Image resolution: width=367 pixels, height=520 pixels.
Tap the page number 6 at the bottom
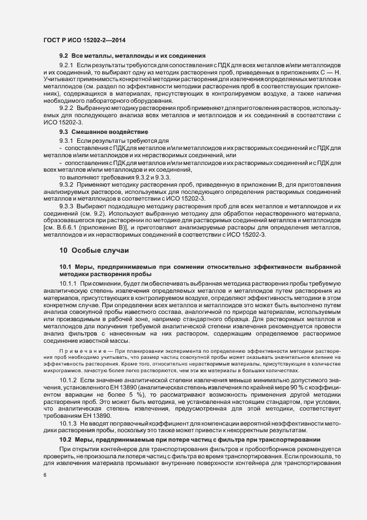click(45, 476)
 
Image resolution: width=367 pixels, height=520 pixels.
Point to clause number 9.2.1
click(67, 66)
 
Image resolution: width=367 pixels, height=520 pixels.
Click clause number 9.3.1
click(67, 142)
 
